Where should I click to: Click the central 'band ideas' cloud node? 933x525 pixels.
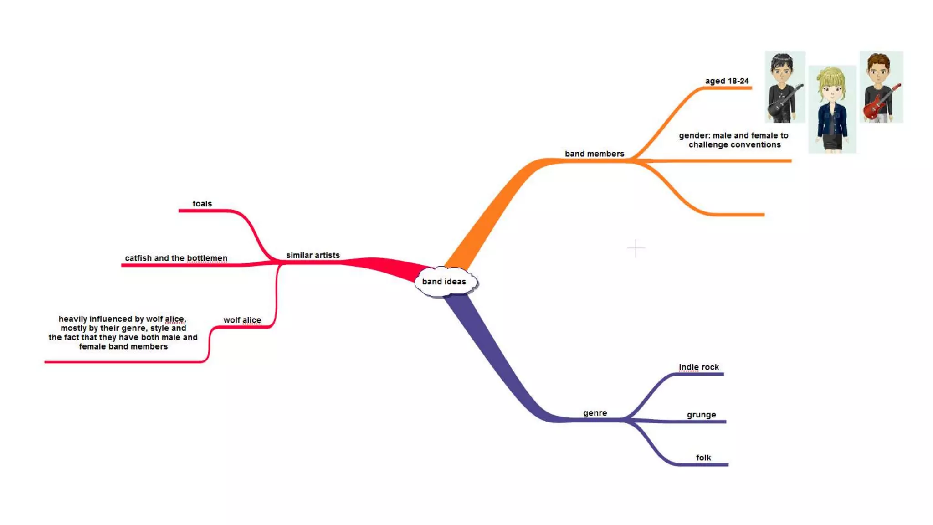point(444,282)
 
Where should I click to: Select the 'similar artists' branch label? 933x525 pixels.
point(313,255)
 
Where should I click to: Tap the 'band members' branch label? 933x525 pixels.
point(594,154)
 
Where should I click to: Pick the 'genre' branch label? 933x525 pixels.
point(595,413)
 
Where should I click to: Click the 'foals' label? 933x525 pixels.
point(202,204)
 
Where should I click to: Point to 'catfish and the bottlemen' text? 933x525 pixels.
point(176,258)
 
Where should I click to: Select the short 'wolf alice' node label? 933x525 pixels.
point(242,320)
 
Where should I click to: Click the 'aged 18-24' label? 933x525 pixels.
point(727,81)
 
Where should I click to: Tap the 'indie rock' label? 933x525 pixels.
point(698,367)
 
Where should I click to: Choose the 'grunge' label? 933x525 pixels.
point(701,415)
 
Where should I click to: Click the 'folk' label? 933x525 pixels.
point(703,458)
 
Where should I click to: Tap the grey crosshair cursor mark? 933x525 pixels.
point(636,248)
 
